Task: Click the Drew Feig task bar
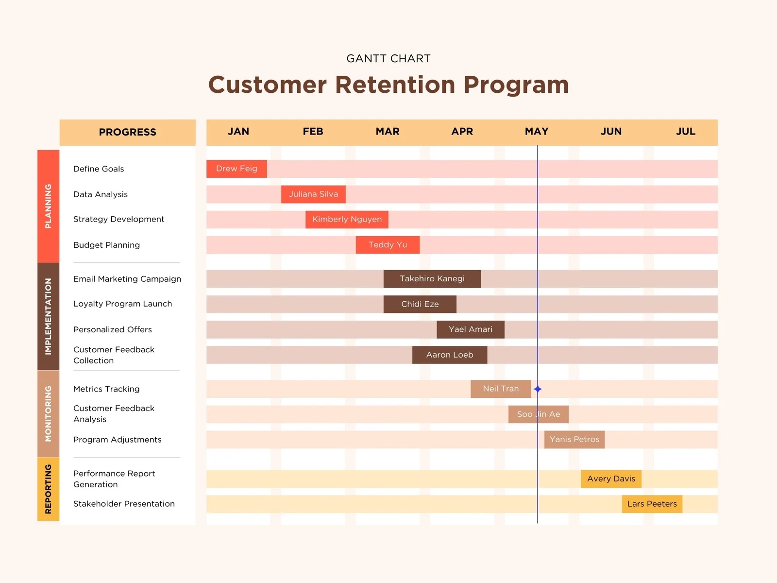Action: click(236, 169)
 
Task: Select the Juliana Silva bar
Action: click(313, 194)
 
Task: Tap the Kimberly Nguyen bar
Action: click(347, 219)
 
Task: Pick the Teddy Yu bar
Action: click(388, 245)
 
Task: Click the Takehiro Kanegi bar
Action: click(432, 279)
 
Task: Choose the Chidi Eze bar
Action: click(420, 304)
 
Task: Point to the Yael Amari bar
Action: click(470, 329)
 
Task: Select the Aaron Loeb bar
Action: click(449, 355)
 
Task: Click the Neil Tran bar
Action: click(500, 389)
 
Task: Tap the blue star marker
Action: click(538, 389)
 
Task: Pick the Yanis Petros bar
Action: click(574, 439)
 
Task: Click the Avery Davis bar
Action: click(611, 479)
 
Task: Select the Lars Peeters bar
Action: click(652, 504)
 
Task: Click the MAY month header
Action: click(537, 132)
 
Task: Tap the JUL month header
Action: click(685, 132)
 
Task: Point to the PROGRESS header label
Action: click(127, 132)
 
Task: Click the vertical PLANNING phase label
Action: click(48, 206)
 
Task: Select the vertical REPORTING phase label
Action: click(48, 489)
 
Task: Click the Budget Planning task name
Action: click(106, 245)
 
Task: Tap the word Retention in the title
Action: click(395, 85)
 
